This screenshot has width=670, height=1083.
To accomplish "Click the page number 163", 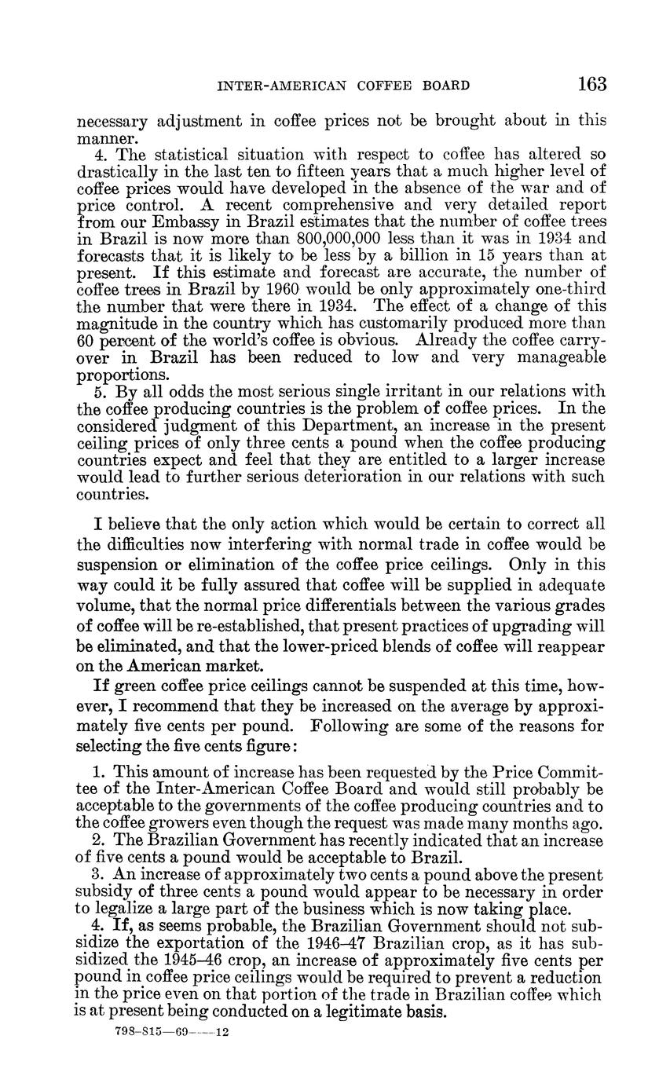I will coord(591,84).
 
